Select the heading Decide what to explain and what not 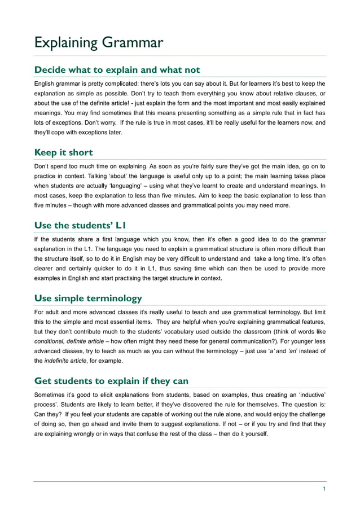[x=117, y=70]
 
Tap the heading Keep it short [x=64, y=152]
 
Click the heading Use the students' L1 [x=80, y=226]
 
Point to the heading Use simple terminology [x=88, y=298]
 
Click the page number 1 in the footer [x=324, y=489]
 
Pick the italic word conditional [x=49, y=341]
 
